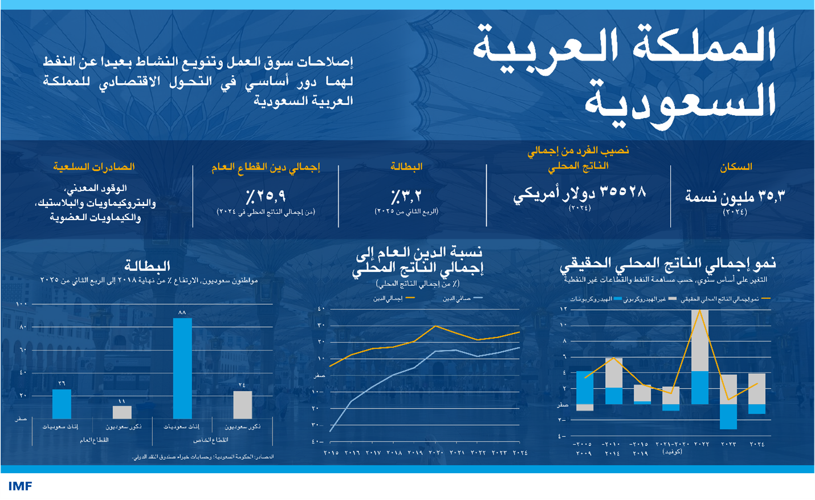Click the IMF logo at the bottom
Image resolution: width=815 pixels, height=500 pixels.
tap(20, 486)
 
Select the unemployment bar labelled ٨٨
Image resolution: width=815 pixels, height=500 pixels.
tap(182, 368)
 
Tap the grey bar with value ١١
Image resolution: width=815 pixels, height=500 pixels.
tap(122, 412)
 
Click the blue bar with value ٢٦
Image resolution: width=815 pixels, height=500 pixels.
tap(62, 404)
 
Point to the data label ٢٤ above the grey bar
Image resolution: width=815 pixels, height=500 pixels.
tap(242, 385)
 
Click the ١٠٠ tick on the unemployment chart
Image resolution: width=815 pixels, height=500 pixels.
tap(22, 304)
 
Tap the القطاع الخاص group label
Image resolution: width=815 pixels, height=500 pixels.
tap(210, 440)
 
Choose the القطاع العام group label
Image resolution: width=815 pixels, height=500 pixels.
tap(94, 440)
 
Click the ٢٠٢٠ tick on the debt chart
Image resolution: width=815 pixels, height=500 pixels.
tap(435, 453)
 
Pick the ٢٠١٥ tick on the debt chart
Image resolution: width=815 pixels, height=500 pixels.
tap(331, 453)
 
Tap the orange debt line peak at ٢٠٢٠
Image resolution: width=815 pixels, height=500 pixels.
tap(435, 326)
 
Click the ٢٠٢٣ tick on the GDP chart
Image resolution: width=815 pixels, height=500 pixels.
tap(728, 444)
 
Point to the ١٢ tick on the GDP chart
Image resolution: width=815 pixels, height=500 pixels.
tap(564, 309)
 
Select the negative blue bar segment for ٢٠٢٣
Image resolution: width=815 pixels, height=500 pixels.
tap(728, 416)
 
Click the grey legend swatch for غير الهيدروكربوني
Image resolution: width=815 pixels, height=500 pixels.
tap(673, 299)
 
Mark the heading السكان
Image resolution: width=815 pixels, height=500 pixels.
tap(736, 167)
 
